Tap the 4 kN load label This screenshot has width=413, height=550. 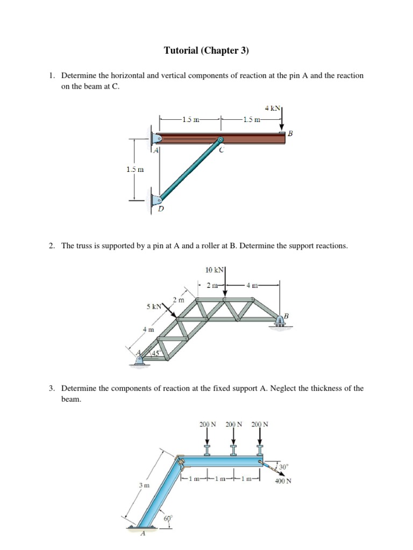click(x=273, y=108)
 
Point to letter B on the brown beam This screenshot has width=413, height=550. click(x=291, y=133)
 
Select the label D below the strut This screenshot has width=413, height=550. click(x=160, y=208)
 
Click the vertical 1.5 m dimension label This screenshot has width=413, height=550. click(x=135, y=169)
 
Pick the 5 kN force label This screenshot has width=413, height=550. click(x=154, y=307)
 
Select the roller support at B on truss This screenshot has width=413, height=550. click(x=280, y=321)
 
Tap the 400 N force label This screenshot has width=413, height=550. click(x=282, y=481)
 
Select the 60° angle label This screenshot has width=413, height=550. click(x=168, y=518)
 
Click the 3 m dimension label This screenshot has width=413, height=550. click(x=144, y=486)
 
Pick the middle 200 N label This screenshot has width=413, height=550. click(x=233, y=424)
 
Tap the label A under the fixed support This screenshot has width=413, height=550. click(x=143, y=534)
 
